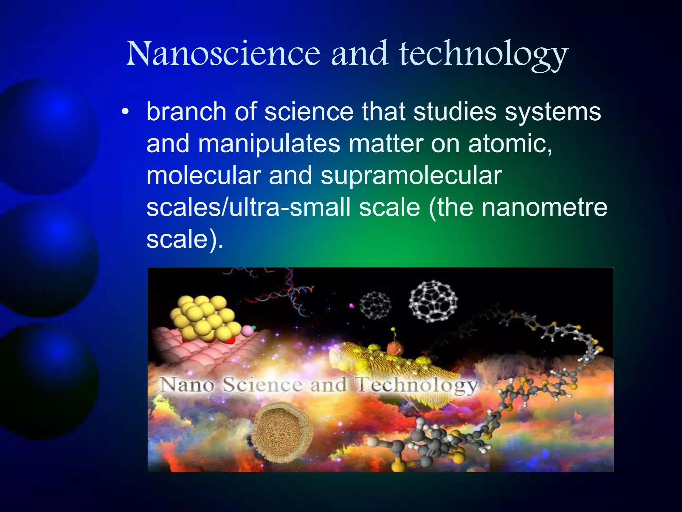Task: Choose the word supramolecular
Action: point(411,176)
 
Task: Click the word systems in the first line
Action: point(553,112)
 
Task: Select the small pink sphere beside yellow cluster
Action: point(247,331)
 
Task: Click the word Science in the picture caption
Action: point(262,385)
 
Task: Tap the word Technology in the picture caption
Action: point(416,386)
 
